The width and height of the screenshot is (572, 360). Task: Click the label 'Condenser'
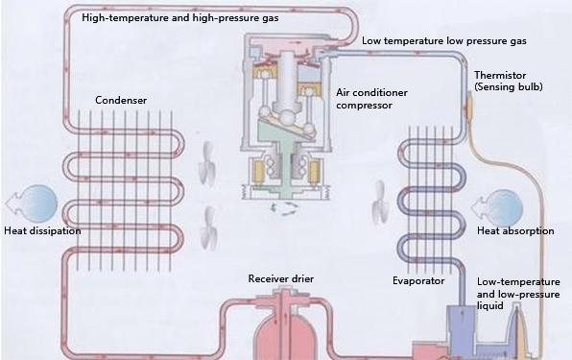pyautogui.click(x=120, y=100)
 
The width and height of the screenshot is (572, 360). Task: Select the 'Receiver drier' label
pyautogui.click(x=280, y=278)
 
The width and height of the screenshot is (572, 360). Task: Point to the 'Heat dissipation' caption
pyautogui.click(x=41, y=231)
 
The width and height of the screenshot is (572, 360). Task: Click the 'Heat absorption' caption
pyautogui.click(x=516, y=231)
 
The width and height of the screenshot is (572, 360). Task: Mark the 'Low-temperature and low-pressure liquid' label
pyautogui.click(x=516, y=293)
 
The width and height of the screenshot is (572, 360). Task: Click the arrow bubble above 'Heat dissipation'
pyautogui.click(x=35, y=204)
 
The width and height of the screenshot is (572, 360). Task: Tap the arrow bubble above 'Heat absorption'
pyautogui.click(x=505, y=204)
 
